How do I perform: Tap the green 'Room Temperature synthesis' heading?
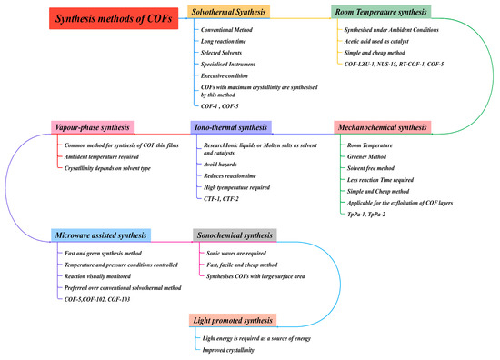click(380, 12)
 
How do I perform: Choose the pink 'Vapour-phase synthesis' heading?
click(92, 126)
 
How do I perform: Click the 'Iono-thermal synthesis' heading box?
click(228, 126)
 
